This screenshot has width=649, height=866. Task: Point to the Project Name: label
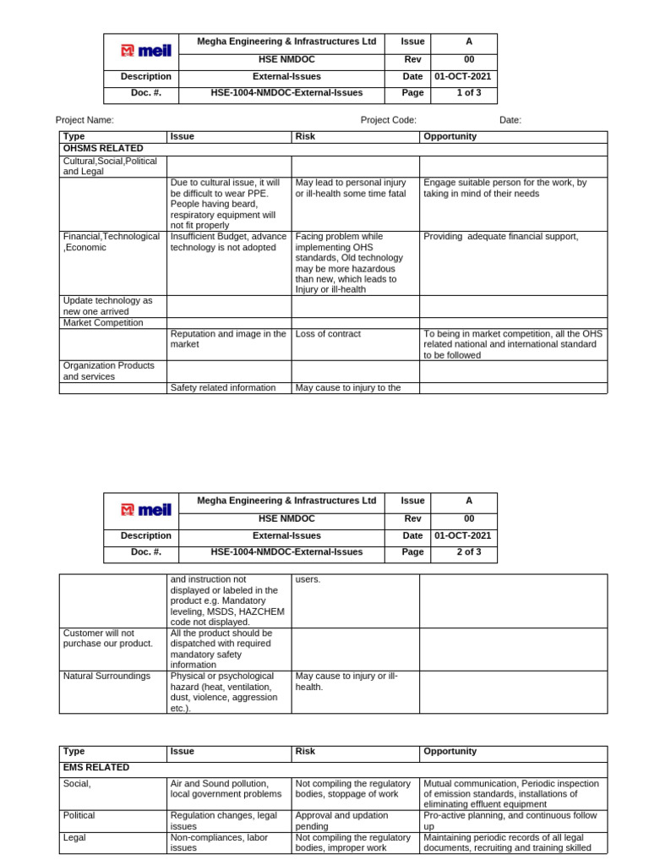85,120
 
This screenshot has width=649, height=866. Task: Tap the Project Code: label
388,120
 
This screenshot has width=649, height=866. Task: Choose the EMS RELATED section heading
96,767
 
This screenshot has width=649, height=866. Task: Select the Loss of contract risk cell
328,334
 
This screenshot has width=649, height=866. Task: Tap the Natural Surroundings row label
106,676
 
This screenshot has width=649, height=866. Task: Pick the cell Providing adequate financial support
501,237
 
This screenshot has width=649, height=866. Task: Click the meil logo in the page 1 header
146,52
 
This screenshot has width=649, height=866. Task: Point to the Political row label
79,815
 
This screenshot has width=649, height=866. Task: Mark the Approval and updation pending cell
341,820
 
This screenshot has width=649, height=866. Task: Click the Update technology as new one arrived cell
108,305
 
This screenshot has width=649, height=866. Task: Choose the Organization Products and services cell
108,371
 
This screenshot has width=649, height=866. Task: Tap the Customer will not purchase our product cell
108,638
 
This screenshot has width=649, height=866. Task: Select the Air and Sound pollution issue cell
220,789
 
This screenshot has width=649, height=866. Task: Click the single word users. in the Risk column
308,579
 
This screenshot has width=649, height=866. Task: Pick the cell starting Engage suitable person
504,188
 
